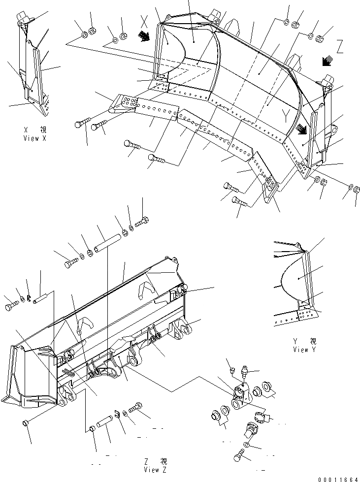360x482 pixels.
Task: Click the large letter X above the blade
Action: click(x=144, y=21)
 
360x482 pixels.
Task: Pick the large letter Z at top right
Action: click(x=340, y=48)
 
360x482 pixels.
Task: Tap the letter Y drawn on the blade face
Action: click(x=285, y=114)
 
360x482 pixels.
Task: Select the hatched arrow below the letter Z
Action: click(x=326, y=62)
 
